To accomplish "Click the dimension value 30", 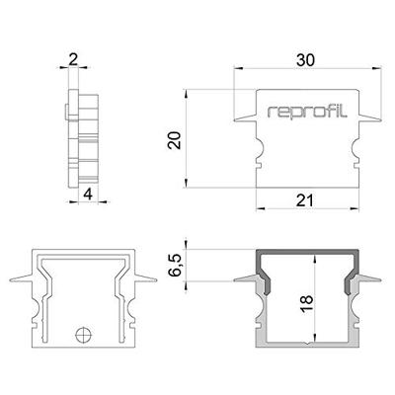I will [x=307, y=60].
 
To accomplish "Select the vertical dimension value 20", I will [x=174, y=139].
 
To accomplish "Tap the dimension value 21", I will [x=307, y=200].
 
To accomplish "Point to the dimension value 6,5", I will [x=175, y=268].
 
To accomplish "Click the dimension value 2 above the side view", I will [x=75, y=60].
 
